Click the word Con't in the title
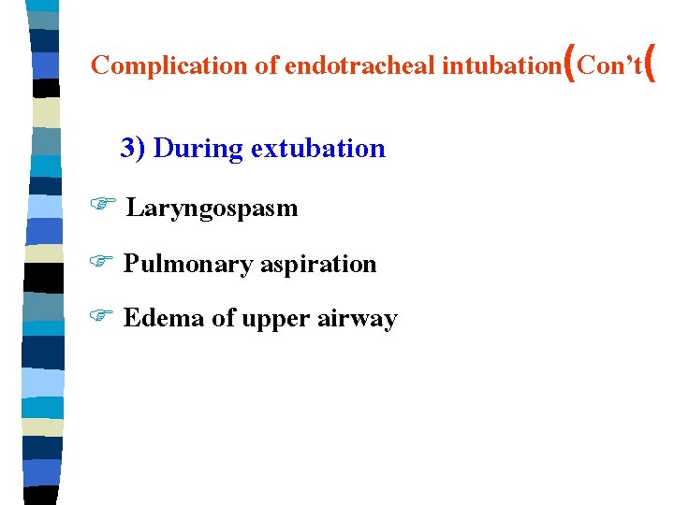[x=609, y=65]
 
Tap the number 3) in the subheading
[x=133, y=148]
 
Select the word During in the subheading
[x=186, y=148]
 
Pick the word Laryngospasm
[x=212, y=208]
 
